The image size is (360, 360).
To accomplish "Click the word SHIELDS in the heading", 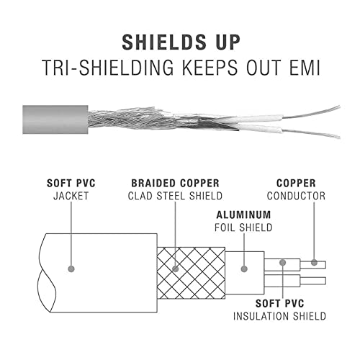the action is pyautogui.click(x=164, y=42).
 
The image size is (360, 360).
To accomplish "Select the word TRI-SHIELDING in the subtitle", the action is pyautogui.click(x=108, y=68).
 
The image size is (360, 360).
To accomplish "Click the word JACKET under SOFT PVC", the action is pyautogui.click(x=71, y=196).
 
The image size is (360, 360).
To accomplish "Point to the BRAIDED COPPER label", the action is pyautogui.click(x=175, y=184).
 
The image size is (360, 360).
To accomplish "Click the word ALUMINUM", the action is pyautogui.click(x=243, y=215).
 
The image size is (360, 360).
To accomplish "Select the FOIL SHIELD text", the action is pyautogui.click(x=243, y=228).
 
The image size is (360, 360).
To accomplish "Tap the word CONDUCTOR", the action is pyautogui.click(x=296, y=196).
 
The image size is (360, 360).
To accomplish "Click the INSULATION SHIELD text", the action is pyautogui.click(x=279, y=316).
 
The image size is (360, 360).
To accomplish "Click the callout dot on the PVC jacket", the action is pyautogui.click(x=71, y=269).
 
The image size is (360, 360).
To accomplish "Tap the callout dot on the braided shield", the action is pyautogui.click(x=176, y=269).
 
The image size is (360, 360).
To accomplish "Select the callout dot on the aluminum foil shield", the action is pyautogui.click(x=244, y=269).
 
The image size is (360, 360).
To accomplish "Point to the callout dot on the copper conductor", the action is pyautogui.click(x=314, y=263).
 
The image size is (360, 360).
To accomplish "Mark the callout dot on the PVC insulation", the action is pyautogui.click(x=283, y=263).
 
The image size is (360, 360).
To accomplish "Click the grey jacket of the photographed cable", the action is pyautogui.click(x=55, y=120).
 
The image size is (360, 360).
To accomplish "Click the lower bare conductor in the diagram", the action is pyautogui.click(x=313, y=281).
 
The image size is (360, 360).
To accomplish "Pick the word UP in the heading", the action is pyautogui.click(x=228, y=42).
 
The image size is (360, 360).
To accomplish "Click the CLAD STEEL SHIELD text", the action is pyautogui.click(x=175, y=196).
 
